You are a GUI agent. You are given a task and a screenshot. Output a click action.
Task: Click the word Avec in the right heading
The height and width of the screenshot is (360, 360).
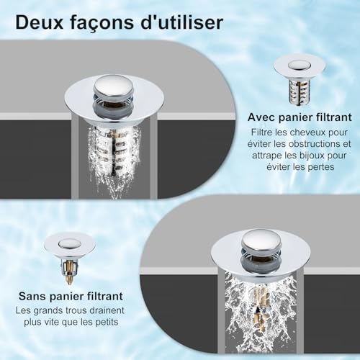(264, 116)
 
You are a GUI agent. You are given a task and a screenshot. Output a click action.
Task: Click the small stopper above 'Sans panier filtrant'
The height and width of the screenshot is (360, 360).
(69, 255)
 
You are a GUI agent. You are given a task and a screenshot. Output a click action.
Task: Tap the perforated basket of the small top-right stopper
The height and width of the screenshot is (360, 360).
(299, 91)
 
